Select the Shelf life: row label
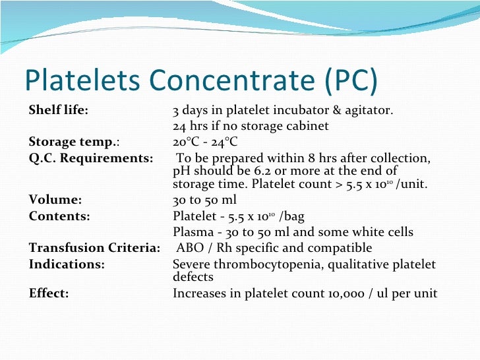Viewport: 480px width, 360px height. [59, 109]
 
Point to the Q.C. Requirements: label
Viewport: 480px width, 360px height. [91, 158]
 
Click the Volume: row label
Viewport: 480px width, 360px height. [55, 199]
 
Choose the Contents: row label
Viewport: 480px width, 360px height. [59, 216]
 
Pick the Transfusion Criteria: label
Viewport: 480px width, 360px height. [94, 248]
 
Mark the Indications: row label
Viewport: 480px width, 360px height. [67, 264]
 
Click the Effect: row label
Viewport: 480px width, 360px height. [49, 293]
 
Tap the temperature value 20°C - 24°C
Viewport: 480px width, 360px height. [204, 142]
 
